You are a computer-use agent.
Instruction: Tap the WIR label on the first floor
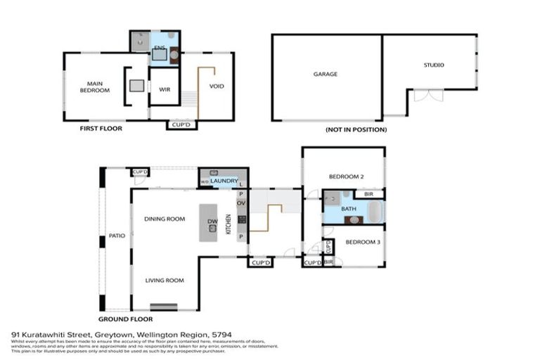point(165,90)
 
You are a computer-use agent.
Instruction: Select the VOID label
point(217,86)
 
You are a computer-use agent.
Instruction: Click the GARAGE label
point(326,74)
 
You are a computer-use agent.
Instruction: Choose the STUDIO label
point(433,65)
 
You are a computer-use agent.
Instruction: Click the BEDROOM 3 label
point(362,242)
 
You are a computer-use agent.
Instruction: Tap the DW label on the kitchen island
point(212,222)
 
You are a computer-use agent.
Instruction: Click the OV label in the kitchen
point(240,204)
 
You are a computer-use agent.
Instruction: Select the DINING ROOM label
point(165,219)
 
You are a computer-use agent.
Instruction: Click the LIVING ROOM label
point(165,281)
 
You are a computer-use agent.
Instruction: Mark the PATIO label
point(117,236)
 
